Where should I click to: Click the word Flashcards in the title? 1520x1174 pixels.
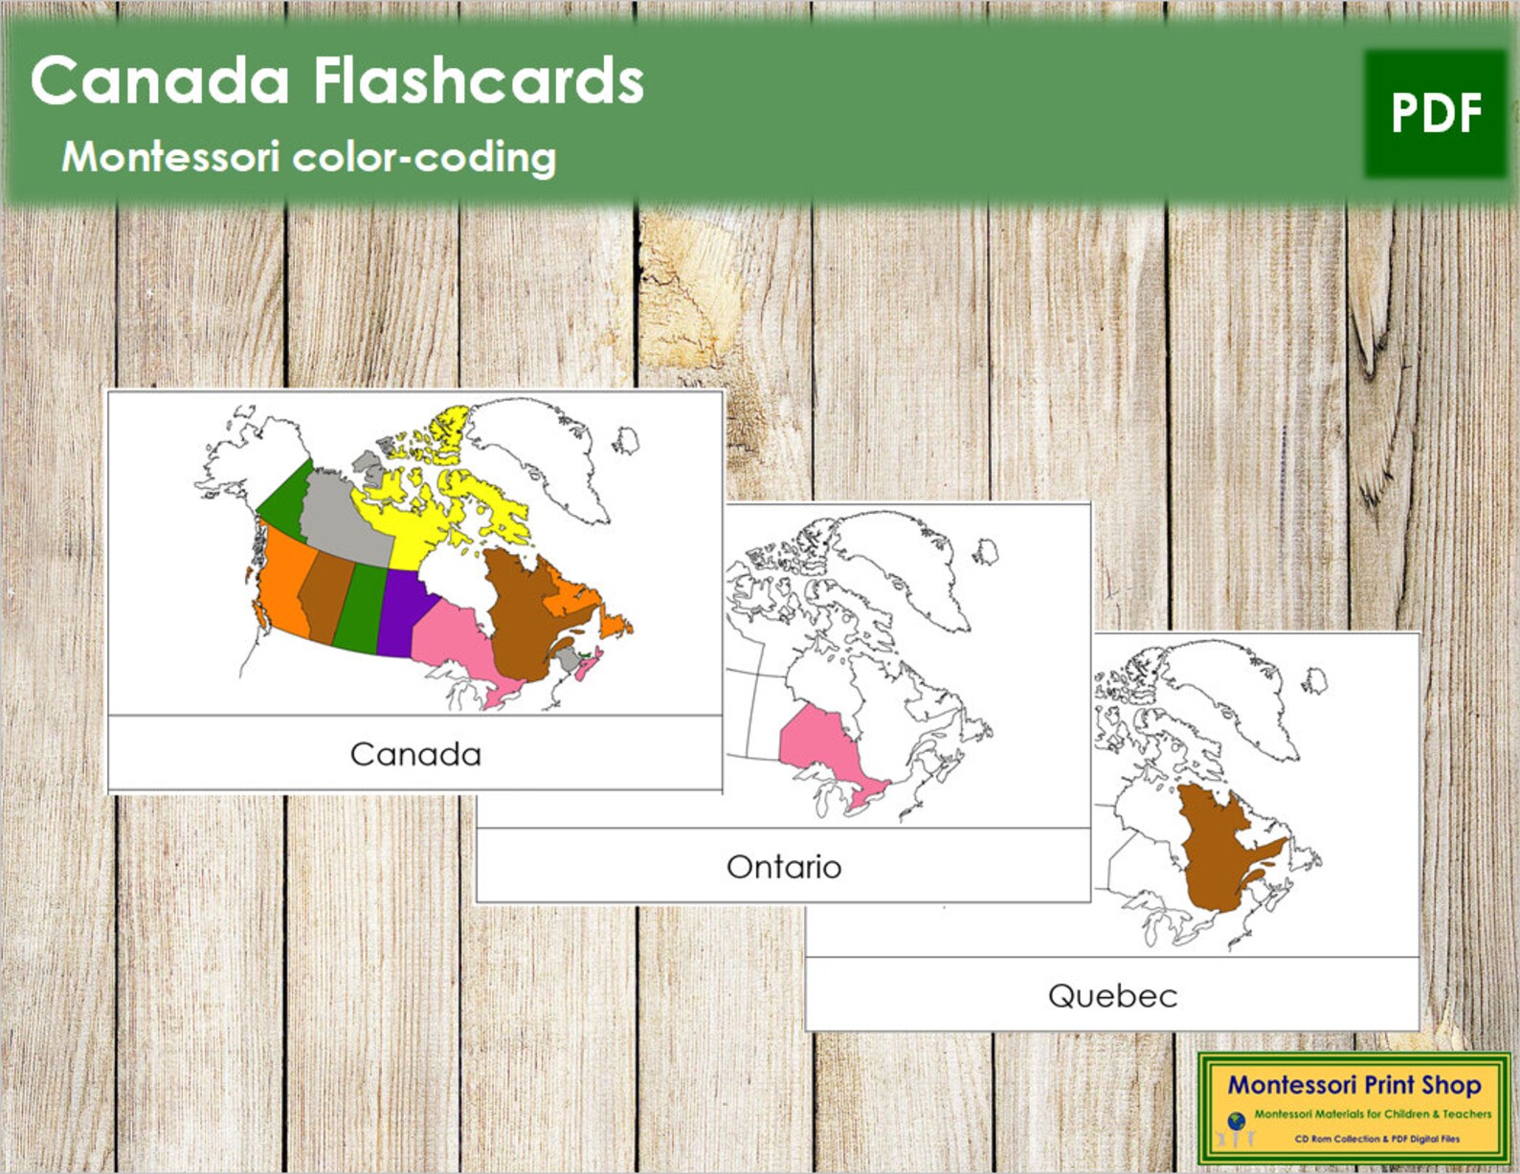click(x=479, y=80)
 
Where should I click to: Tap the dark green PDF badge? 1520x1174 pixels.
click(x=1436, y=114)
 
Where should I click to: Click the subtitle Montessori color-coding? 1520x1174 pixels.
click(x=308, y=157)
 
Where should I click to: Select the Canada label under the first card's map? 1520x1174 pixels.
click(x=415, y=754)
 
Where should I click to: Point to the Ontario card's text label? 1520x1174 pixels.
click(x=784, y=867)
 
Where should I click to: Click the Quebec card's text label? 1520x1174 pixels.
click(x=1112, y=996)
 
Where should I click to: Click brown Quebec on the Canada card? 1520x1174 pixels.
click(x=517, y=612)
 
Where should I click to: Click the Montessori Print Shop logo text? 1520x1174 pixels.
click(x=1353, y=1085)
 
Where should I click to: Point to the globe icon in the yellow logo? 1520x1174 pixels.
click(x=1236, y=1119)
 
